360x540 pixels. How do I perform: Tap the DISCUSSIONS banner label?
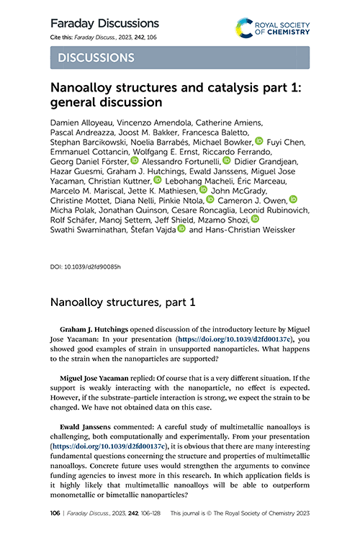pyautogui.click(x=94, y=58)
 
